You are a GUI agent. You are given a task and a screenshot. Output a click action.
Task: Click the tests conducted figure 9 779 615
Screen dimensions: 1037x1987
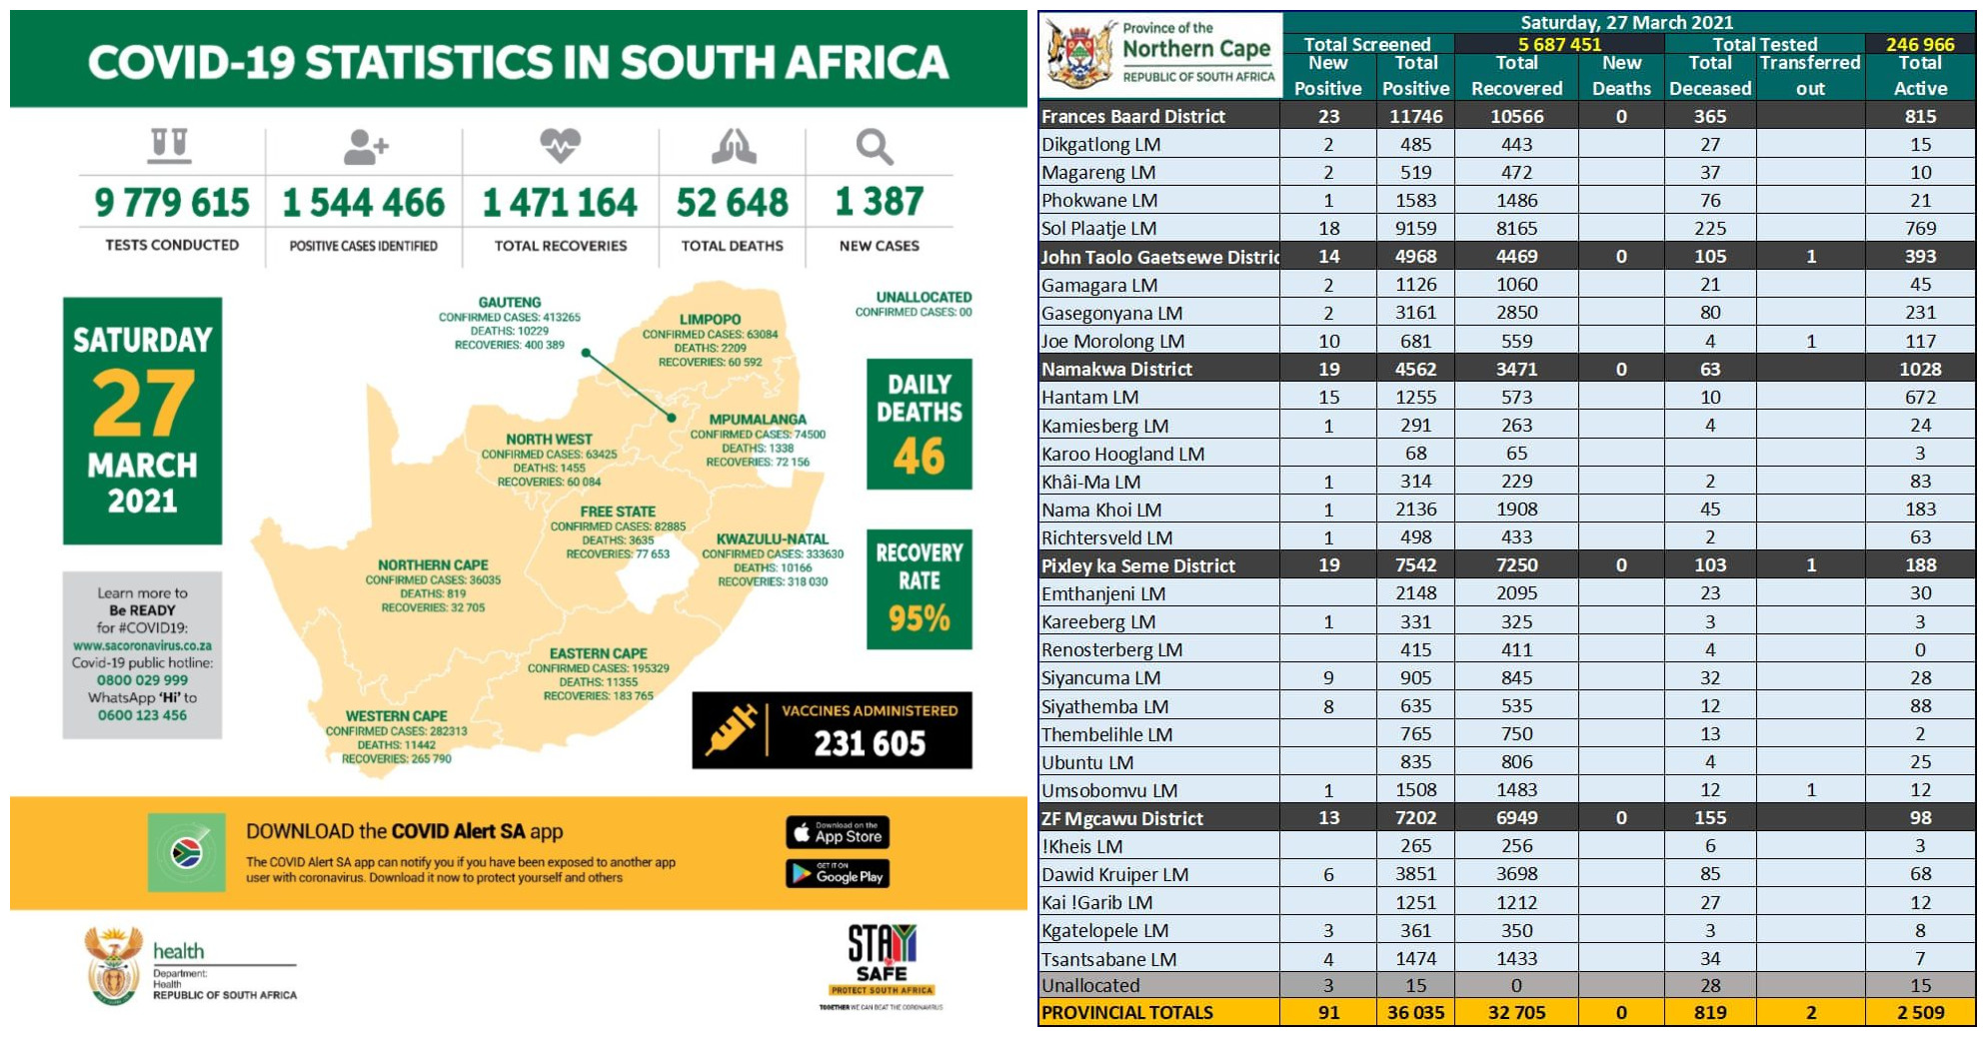click(172, 203)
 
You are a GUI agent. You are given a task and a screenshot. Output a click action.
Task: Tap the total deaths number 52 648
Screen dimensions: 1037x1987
click(732, 203)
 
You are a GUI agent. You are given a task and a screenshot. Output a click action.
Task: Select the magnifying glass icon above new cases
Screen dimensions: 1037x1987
click(874, 147)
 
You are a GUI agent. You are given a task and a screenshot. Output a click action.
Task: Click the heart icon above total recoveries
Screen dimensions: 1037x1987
click(560, 146)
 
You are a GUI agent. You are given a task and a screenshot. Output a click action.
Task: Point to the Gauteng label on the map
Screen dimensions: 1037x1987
click(509, 302)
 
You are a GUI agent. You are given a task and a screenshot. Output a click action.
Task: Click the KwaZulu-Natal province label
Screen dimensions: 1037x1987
click(772, 538)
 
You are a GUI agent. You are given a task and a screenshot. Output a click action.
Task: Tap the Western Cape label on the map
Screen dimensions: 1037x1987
click(396, 715)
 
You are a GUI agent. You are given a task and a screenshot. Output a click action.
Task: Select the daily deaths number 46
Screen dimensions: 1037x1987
click(919, 457)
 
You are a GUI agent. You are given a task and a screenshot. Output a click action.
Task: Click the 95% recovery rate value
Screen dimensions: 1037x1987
click(919, 618)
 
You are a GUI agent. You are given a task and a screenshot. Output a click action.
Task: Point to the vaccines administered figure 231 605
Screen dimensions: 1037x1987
click(869, 743)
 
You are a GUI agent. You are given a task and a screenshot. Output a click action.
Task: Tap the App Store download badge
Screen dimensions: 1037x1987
click(837, 832)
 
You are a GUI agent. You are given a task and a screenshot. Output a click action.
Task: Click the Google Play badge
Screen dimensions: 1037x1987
click(837, 874)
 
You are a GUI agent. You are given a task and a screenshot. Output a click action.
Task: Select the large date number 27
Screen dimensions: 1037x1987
click(143, 404)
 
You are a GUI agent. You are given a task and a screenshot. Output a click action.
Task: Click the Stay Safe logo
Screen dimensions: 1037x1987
click(881, 961)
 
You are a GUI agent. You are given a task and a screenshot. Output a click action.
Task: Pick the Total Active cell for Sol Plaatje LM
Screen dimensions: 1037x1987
click(1919, 229)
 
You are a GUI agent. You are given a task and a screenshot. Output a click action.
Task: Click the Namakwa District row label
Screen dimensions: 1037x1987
click(1116, 370)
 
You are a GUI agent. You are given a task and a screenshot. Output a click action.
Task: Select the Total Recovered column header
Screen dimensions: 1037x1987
click(1516, 76)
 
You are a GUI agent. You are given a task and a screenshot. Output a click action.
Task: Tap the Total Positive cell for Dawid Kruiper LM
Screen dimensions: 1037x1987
click(1415, 874)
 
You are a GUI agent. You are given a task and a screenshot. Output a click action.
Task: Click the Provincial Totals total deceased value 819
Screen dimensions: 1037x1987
click(1709, 1012)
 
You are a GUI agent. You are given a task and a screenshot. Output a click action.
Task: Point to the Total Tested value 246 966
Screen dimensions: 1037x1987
click(1919, 44)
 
